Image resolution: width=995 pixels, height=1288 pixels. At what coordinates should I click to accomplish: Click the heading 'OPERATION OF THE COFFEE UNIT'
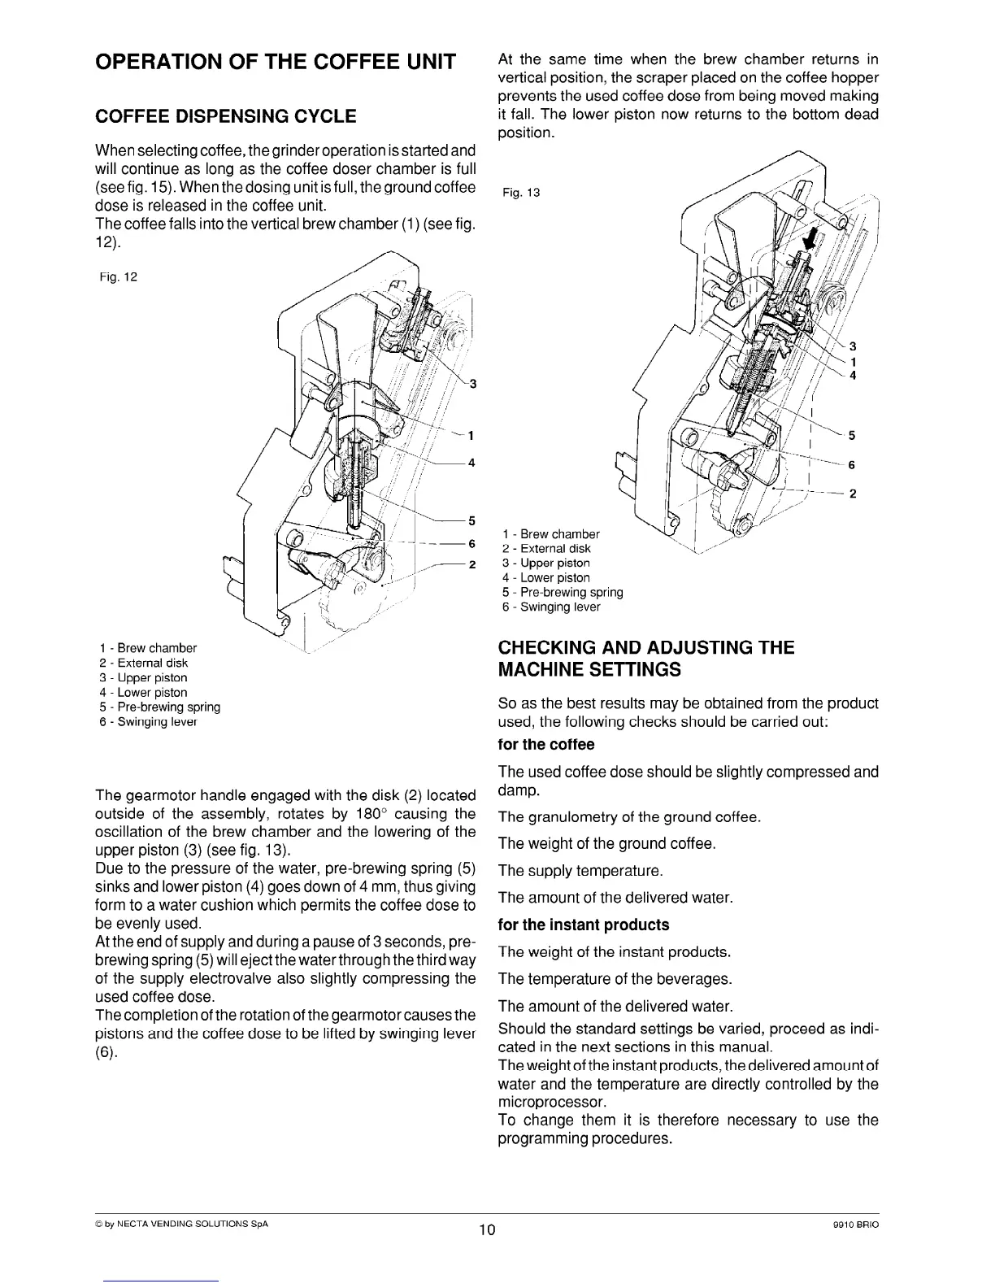pos(275,62)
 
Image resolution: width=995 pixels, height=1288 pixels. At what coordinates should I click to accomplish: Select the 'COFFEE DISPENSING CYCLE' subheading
pos(226,116)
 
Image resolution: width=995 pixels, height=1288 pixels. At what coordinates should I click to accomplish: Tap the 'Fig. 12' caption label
pos(118,276)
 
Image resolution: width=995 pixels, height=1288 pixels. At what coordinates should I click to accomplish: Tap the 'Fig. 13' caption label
pos(522,193)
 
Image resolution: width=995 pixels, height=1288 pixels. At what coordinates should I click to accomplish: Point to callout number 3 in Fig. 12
pos(472,385)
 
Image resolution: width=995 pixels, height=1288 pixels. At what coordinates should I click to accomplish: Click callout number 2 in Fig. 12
pos(472,566)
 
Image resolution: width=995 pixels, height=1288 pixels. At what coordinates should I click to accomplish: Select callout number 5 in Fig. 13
pos(851,435)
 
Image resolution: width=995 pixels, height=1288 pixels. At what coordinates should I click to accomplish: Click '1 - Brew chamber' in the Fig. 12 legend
pos(147,648)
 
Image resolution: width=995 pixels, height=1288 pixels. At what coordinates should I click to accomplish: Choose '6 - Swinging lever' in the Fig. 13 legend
pos(551,607)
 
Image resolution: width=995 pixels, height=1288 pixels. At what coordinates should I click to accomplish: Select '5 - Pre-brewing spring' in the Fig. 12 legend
pos(159,707)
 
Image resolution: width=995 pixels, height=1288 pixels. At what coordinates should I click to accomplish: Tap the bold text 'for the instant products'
pos(583,925)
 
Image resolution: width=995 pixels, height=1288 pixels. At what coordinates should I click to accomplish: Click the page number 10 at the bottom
pos(487,1229)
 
